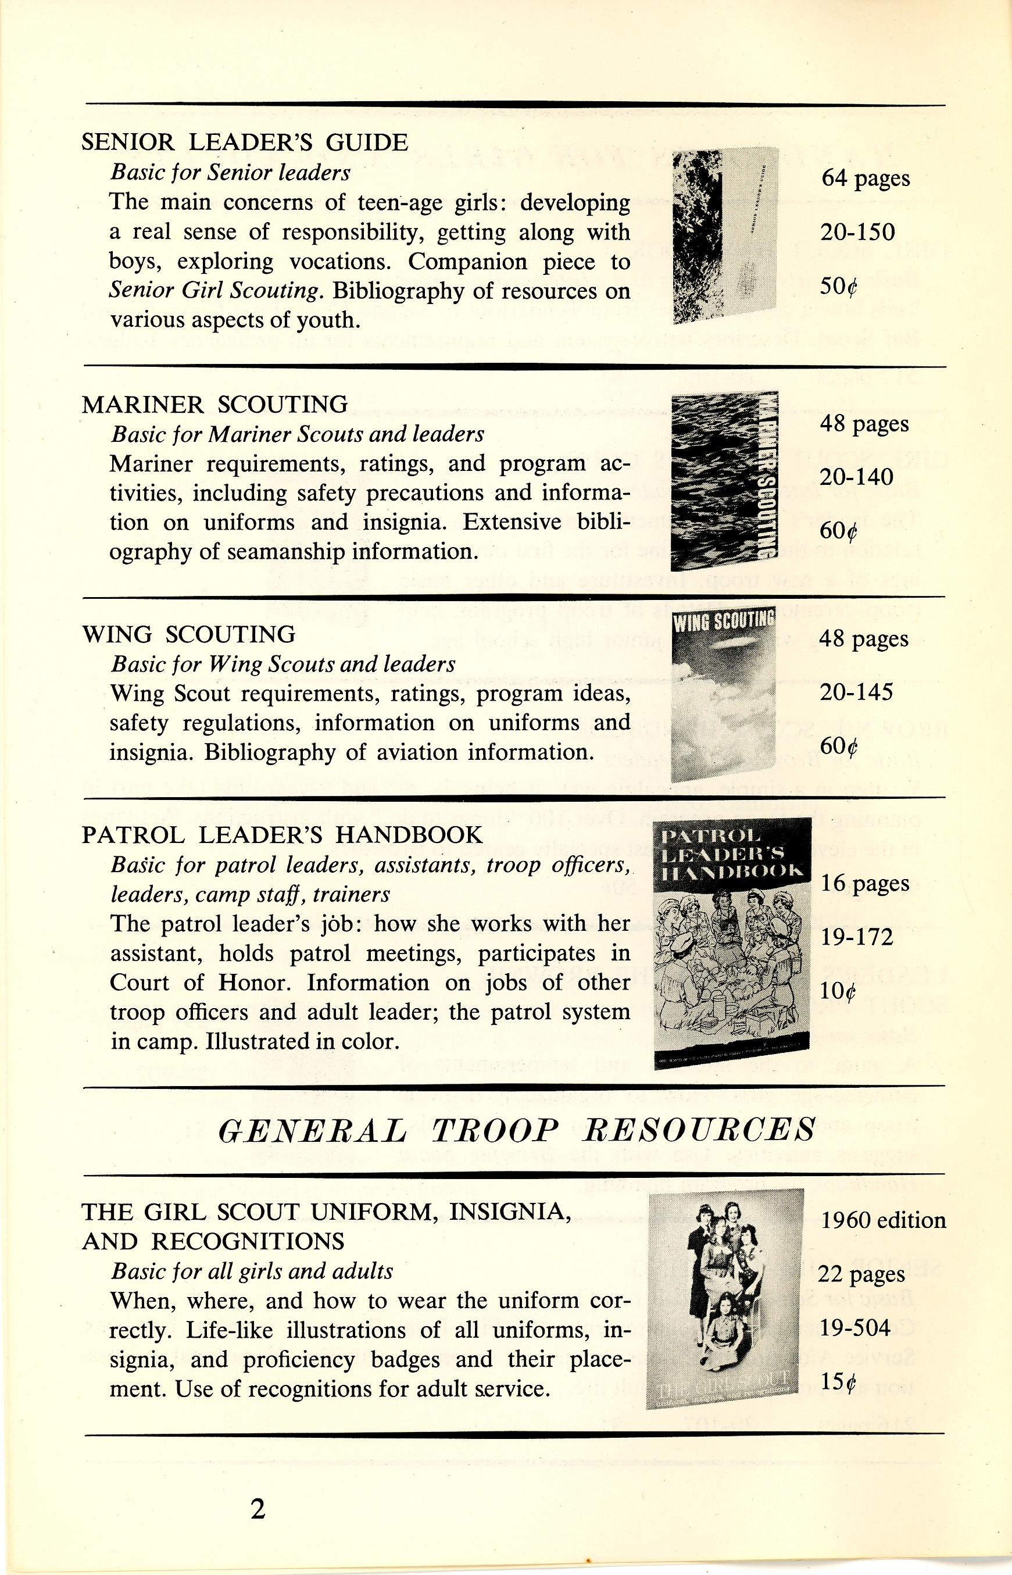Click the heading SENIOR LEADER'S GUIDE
(x=245, y=142)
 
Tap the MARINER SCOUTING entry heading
(x=215, y=404)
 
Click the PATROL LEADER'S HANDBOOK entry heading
(x=282, y=835)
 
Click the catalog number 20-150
(x=857, y=232)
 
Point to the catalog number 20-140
(x=856, y=477)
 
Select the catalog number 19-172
(x=857, y=937)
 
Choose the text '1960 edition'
(x=883, y=1220)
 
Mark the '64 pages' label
(x=866, y=178)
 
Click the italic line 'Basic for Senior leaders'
(x=230, y=172)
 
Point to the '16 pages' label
(x=865, y=883)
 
